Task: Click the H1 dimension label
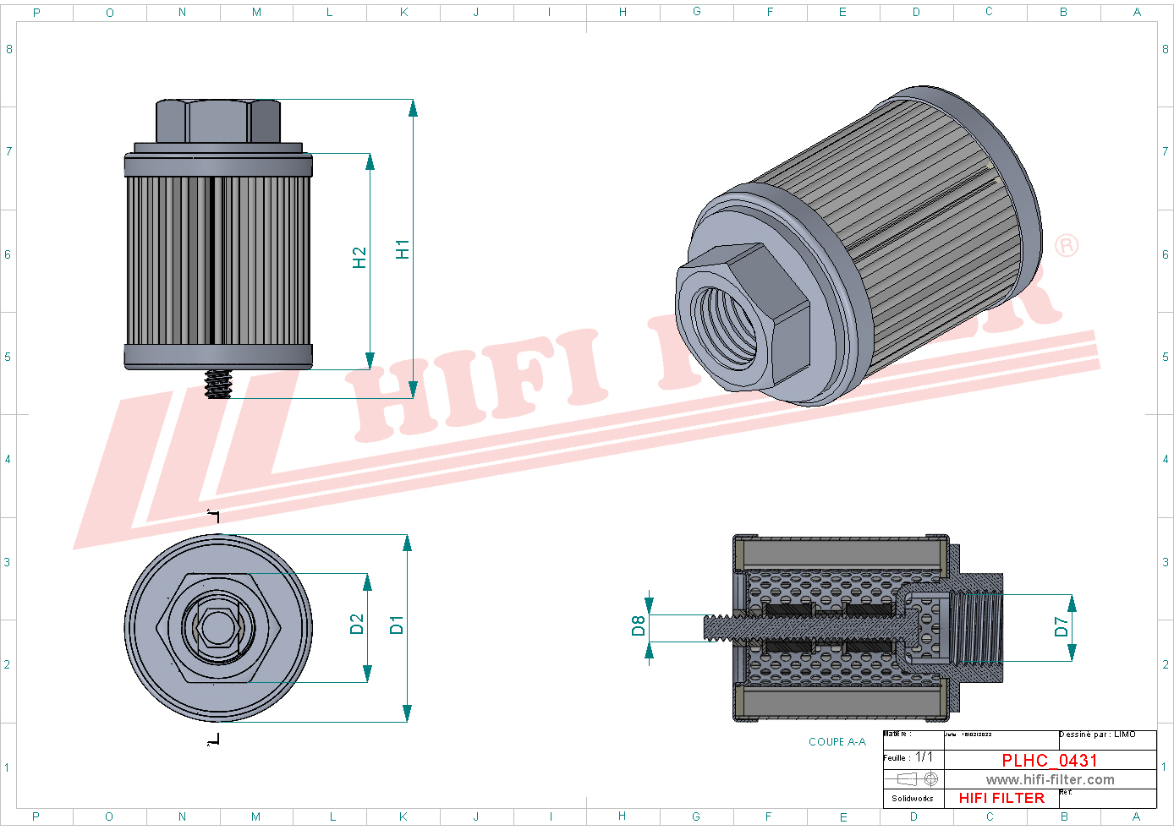(403, 249)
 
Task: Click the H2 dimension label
(359, 258)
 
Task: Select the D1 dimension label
(397, 625)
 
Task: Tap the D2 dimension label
(357, 624)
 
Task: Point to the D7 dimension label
(1062, 626)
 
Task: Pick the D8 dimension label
(639, 625)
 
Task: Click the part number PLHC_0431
(1049, 761)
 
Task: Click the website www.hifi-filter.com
(1050, 780)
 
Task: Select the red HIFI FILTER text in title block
(1001, 798)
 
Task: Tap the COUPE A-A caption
(837, 742)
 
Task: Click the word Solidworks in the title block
(913, 799)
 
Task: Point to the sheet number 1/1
(924, 757)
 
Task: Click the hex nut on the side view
(218, 122)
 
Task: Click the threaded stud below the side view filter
(218, 384)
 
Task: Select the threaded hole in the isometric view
(726, 325)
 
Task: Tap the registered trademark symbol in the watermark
(1067, 246)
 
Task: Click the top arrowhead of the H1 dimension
(413, 107)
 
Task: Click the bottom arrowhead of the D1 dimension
(407, 713)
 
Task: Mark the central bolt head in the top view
(218, 627)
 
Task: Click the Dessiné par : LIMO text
(1097, 734)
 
